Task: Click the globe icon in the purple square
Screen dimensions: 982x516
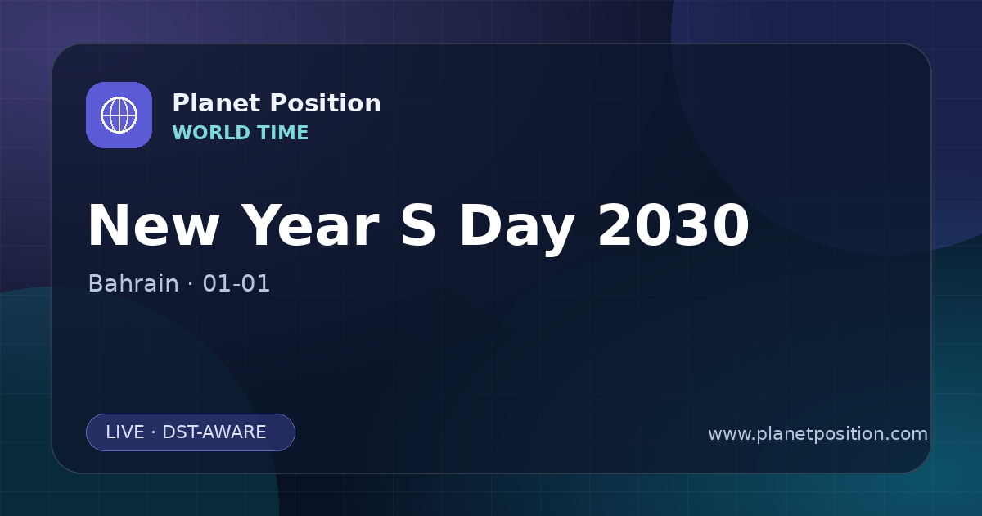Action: click(119, 115)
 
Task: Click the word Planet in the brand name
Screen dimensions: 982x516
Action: click(217, 103)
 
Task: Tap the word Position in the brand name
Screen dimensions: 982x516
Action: click(326, 103)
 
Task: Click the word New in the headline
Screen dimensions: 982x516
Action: click(154, 225)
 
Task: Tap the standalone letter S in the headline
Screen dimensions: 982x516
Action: click(418, 225)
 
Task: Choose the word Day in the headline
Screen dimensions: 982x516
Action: click(517, 229)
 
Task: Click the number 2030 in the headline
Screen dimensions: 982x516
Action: click(673, 225)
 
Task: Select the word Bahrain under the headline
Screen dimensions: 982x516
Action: click(133, 283)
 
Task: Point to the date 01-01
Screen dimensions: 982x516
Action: click(236, 283)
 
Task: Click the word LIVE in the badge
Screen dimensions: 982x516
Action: click(125, 432)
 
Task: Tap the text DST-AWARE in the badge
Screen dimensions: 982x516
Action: click(214, 432)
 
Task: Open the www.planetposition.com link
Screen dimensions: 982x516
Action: click(818, 434)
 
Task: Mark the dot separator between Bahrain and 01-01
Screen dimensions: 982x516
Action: click(190, 284)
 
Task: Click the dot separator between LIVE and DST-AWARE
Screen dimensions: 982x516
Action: click(154, 432)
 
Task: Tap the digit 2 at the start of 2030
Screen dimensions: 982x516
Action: click(615, 224)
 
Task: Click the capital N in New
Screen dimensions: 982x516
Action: click(108, 225)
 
